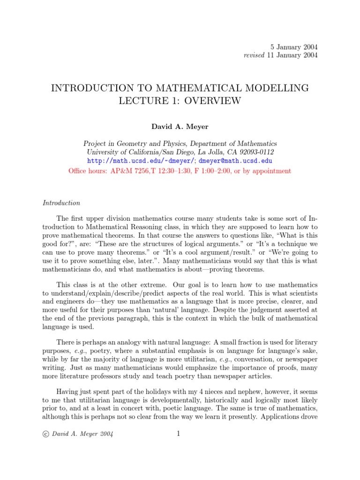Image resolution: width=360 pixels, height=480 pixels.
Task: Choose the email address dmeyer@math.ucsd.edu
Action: tap(236, 161)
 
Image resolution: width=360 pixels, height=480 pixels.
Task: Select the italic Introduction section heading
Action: tap(61, 203)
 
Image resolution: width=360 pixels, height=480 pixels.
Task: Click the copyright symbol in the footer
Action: tap(45, 434)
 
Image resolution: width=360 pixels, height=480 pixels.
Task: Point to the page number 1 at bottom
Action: tap(178, 434)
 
